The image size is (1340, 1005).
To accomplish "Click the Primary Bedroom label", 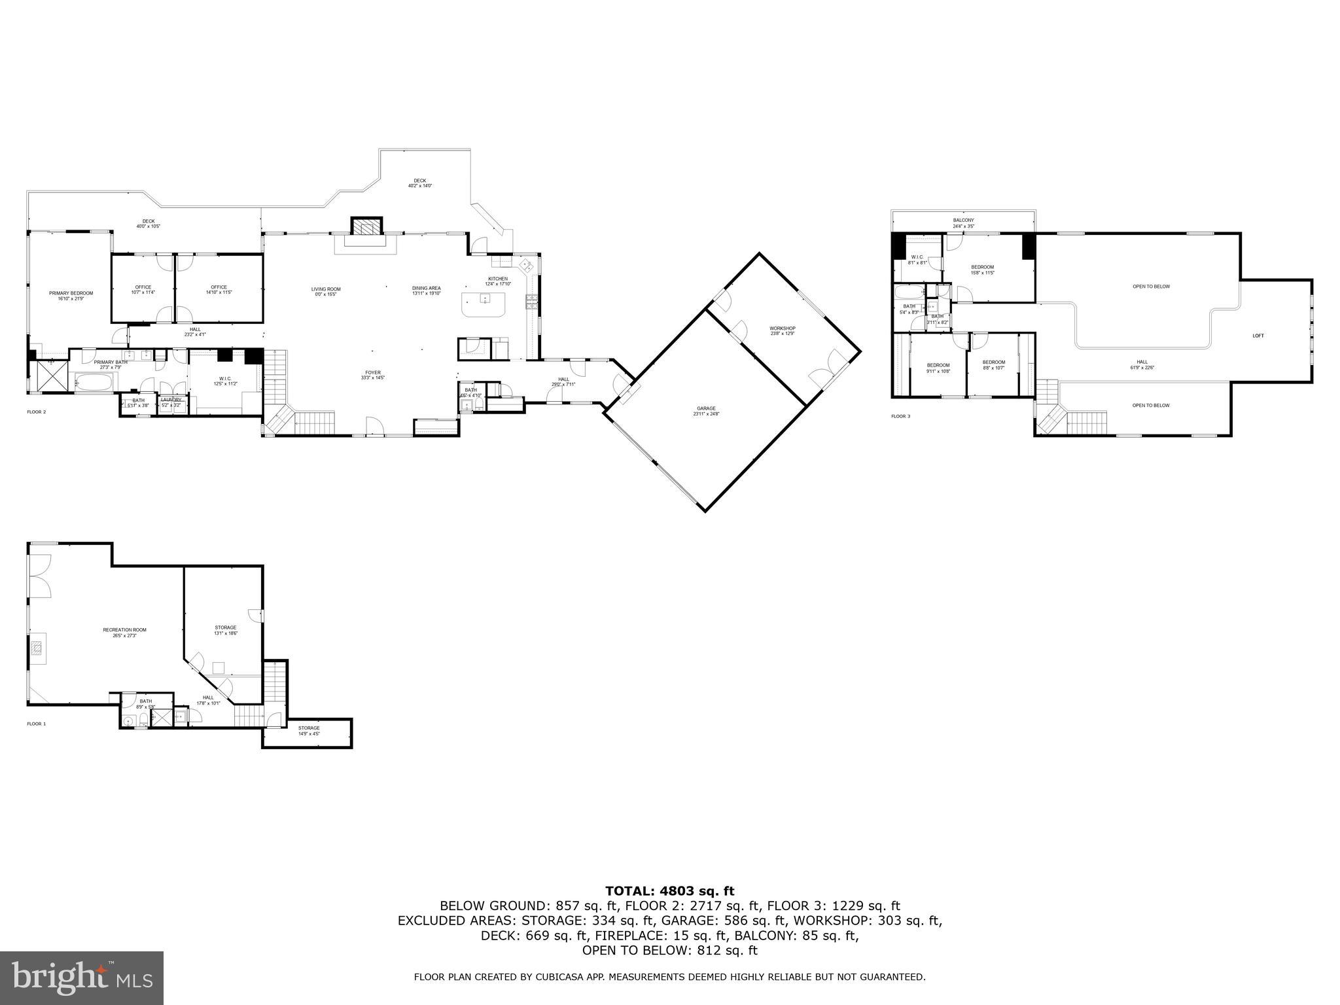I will (x=71, y=296).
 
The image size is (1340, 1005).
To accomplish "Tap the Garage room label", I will (x=706, y=411).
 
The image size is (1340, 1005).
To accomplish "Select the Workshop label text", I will (x=782, y=330).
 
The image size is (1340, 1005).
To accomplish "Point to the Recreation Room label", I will (x=124, y=632).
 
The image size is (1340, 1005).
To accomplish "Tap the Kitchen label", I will (x=497, y=281).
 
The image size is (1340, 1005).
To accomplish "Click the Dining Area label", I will (x=426, y=291).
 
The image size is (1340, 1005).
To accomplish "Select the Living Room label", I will (x=325, y=291).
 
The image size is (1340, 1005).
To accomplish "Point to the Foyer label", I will (x=372, y=375).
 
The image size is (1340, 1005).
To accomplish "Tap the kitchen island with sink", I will (x=485, y=304).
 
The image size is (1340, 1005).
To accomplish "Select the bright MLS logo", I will (x=82, y=978).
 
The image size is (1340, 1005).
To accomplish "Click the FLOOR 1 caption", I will (x=37, y=724).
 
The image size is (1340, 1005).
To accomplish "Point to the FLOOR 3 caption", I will (x=900, y=416).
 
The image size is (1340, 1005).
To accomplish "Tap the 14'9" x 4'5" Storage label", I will (x=309, y=730).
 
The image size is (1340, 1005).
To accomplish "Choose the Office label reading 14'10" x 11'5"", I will (x=219, y=289).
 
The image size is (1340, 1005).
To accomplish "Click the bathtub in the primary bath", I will (x=95, y=381).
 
